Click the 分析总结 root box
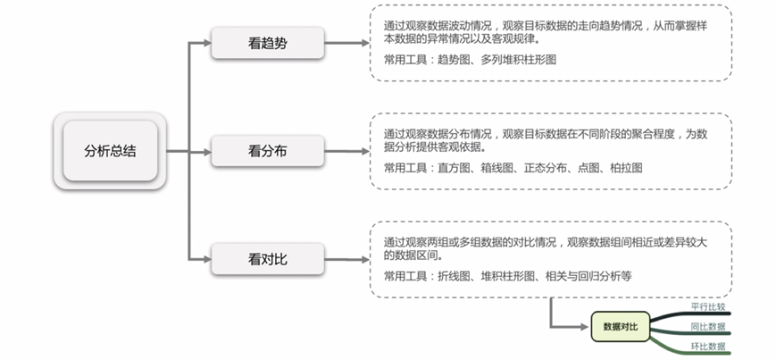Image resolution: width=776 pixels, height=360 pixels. [111, 151]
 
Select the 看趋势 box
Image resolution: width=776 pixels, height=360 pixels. [268, 43]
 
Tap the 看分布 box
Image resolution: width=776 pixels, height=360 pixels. [268, 151]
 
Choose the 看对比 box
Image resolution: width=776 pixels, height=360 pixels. [268, 259]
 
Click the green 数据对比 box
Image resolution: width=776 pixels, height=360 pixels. [621, 326]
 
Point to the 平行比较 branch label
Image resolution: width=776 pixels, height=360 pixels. [708, 306]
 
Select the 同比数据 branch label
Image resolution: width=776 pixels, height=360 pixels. [708, 327]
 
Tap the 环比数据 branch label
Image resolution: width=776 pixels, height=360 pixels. [708, 346]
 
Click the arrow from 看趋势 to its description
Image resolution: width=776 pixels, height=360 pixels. [347, 43]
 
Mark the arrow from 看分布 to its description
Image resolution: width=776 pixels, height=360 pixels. [347, 152]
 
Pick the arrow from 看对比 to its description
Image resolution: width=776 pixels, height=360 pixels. [347, 259]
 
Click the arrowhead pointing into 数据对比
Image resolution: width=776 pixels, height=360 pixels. [587, 327]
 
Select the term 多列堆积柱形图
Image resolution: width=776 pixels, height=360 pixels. [519, 60]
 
